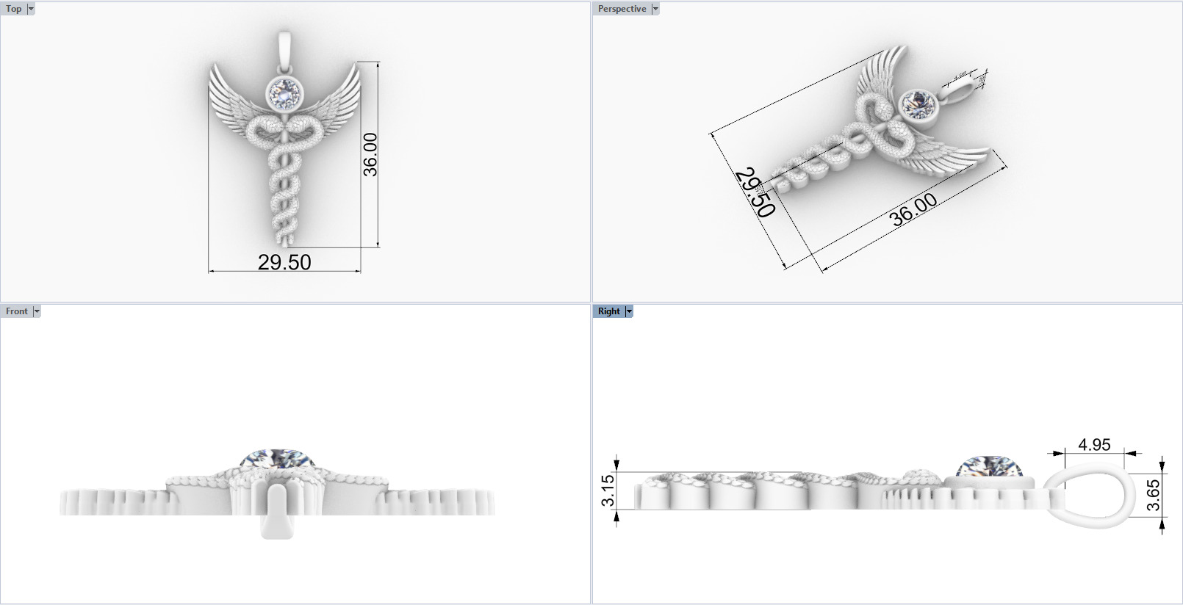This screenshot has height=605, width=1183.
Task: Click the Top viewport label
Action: point(14,9)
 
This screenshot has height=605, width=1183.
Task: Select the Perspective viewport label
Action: point(622,9)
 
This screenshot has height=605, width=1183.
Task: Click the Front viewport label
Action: point(16,311)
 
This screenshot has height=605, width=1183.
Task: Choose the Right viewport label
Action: point(608,311)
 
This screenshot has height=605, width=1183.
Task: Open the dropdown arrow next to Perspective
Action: point(655,9)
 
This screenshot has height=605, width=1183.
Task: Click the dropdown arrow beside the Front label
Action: point(37,311)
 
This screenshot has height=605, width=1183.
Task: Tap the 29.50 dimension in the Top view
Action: point(284,262)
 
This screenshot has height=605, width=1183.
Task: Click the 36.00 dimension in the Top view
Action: point(370,154)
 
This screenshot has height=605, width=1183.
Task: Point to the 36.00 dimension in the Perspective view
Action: point(913,210)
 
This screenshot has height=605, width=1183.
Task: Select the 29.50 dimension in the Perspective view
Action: point(755,192)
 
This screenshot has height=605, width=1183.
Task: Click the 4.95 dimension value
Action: point(1094,445)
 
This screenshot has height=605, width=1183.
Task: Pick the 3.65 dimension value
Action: point(1154,495)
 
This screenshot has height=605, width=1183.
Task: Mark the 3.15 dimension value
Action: point(607,490)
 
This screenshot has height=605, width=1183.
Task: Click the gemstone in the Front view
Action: point(277,459)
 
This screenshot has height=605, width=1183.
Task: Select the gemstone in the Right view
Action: point(990,466)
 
